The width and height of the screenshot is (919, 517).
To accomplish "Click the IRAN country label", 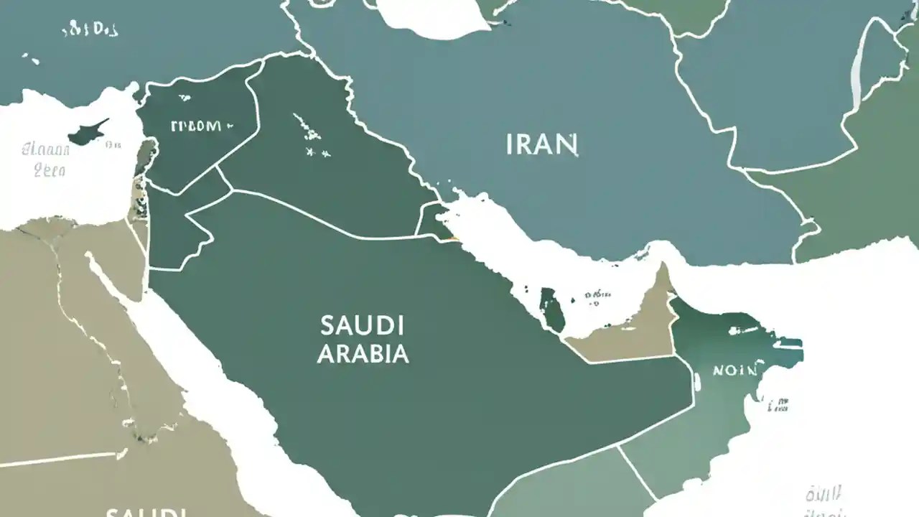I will coord(542,144).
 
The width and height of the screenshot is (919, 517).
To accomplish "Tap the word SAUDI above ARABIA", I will coord(362,325).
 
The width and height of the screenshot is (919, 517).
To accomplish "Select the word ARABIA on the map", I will coord(363,353).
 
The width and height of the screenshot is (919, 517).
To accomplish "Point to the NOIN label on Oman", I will coord(734,371).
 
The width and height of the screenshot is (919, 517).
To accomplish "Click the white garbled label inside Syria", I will coord(195,126).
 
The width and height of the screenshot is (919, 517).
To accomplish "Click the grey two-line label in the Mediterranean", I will coord(47,159).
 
